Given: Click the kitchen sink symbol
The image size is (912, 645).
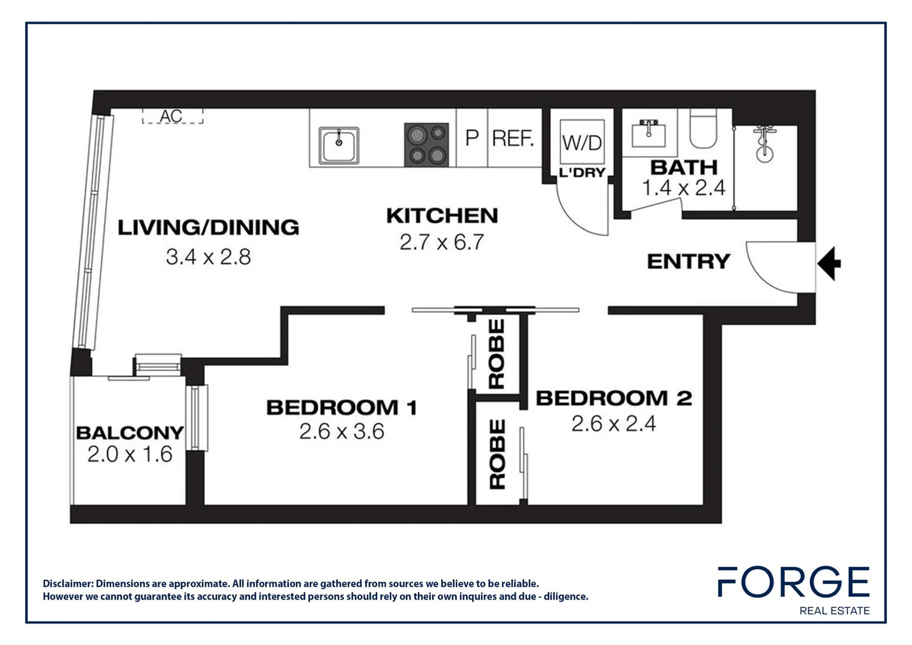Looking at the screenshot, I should pyautogui.click(x=338, y=145).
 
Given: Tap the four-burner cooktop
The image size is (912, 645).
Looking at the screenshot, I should pyautogui.click(x=426, y=145).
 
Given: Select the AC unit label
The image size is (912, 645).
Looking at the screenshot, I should pyautogui.click(x=171, y=116).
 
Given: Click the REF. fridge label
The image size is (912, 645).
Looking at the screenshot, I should pyautogui.click(x=513, y=139).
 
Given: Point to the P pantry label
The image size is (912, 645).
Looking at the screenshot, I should pyautogui.click(x=472, y=139).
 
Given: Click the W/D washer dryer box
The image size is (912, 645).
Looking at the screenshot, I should pyautogui.click(x=582, y=142).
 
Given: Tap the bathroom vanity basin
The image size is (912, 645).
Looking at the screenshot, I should pyautogui.click(x=648, y=133).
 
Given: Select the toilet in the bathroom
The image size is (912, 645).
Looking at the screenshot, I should pyautogui.click(x=703, y=129).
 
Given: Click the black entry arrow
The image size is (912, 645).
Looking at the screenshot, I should pyautogui.click(x=829, y=263).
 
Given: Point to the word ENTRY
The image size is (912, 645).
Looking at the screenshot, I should pyautogui.click(x=688, y=262).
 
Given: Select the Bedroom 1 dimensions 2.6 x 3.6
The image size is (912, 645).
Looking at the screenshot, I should pyautogui.click(x=341, y=431).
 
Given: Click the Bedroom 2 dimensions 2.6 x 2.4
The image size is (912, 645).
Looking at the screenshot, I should pyautogui.click(x=614, y=423).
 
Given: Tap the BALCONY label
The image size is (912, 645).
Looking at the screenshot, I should pyautogui.click(x=130, y=432).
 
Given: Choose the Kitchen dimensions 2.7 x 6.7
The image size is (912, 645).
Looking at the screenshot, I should pyautogui.click(x=442, y=242).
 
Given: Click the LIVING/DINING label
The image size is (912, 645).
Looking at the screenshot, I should pyautogui.click(x=208, y=228).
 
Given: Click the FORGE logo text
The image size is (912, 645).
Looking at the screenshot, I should pyautogui.click(x=793, y=582).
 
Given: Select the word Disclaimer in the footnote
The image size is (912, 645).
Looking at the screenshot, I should pyautogui.click(x=67, y=583).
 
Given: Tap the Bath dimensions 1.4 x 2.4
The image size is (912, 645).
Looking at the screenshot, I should pyautogui.click(x=683, y=188).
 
